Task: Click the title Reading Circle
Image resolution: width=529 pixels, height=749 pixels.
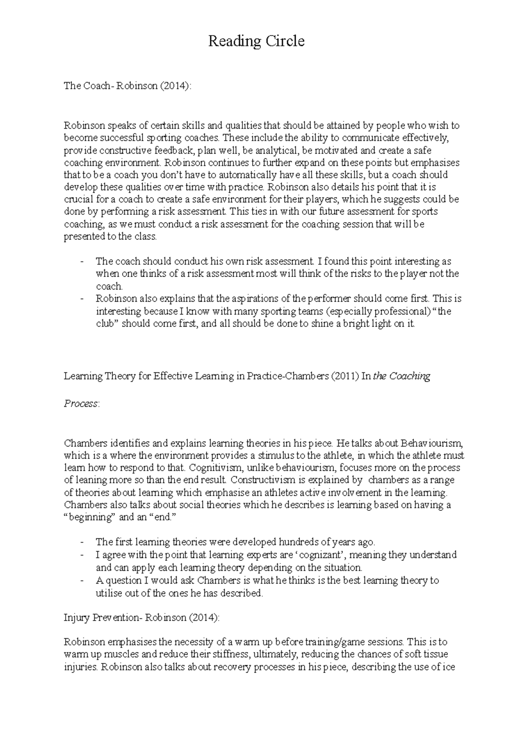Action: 256,41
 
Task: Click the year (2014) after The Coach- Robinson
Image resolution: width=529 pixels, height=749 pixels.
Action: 176,86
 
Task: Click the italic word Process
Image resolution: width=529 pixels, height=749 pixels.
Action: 81,404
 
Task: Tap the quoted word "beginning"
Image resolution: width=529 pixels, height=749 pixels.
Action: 90,517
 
